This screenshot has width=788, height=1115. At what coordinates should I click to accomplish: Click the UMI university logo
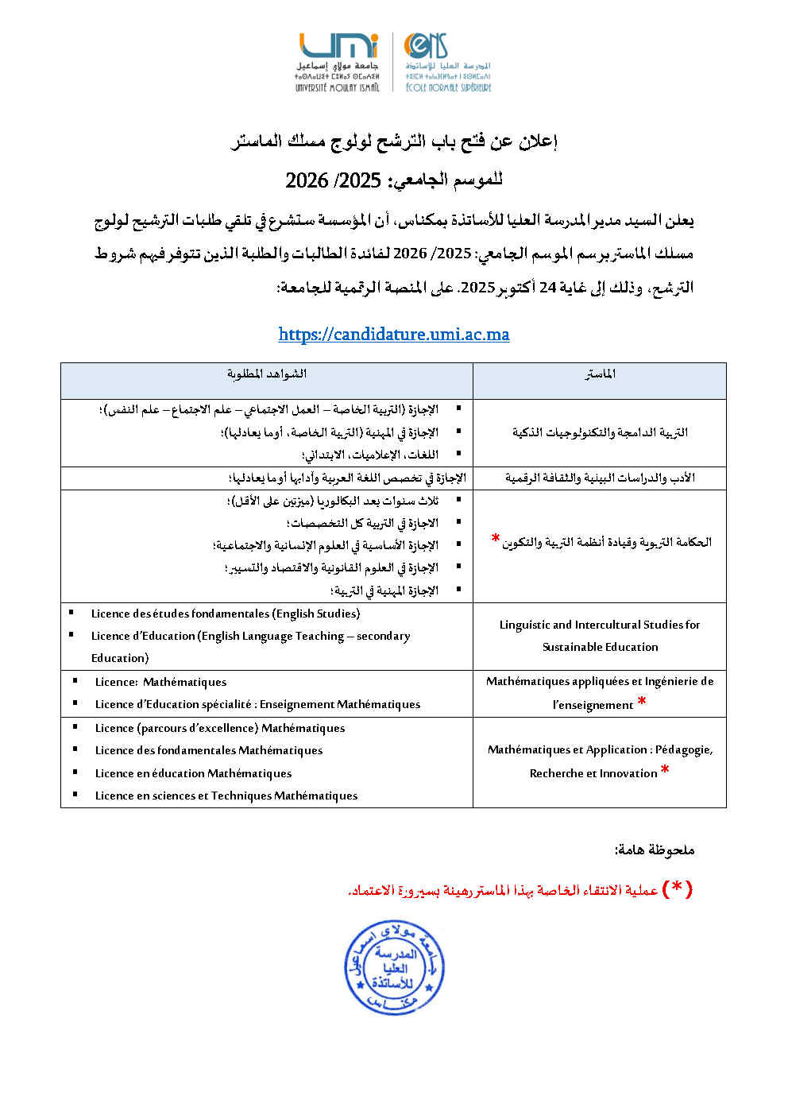coord(338,62)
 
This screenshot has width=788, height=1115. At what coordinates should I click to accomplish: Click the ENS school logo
coord(447,62)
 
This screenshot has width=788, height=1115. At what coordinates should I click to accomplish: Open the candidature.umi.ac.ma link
coord(394,335)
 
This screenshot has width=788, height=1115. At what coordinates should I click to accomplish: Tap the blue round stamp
coord(394,968)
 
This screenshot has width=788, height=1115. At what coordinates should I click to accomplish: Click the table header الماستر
coord(600,374)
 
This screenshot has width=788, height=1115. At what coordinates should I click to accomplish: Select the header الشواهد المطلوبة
coord(267,374)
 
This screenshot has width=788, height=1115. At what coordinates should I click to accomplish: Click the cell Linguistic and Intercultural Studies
coord(600,636)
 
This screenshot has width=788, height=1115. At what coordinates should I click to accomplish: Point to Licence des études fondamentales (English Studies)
coord(226,614)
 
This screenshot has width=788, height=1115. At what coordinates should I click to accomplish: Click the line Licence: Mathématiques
coord(160,682)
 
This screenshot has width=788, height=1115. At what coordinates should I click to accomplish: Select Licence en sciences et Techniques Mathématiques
coord(226,796)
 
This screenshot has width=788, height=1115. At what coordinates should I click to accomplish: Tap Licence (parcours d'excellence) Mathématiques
coord(220,728)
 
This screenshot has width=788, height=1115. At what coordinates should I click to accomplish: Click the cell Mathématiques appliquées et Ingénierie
coord(600,692)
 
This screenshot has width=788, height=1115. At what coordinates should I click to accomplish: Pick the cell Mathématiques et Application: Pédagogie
coord(600,761)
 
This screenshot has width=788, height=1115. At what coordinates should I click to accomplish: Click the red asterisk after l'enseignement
coord(642,701)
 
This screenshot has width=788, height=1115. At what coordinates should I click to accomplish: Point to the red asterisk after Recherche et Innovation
coord(665,769)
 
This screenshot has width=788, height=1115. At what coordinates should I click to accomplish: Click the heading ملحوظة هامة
coord(655,850)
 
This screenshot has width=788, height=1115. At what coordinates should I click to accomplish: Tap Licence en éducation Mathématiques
coord(193,773)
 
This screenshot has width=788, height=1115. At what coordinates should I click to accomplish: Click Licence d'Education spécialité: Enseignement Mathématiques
coord(257,704)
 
